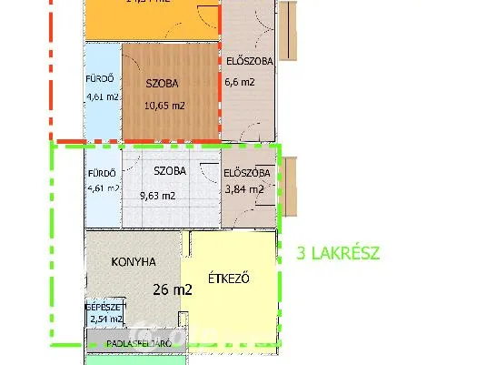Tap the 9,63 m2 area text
(x=157, y=195)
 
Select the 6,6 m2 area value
(x=238, y=82)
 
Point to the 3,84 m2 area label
(x=243, y=190)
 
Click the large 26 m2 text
(x=173, y=290)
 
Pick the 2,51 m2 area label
(x=104, y=319)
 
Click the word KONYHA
(x=134, y=262)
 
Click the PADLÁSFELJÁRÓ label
(x=138, y=344)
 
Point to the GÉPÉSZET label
(x=103, y=308)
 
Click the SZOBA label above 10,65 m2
(x=162, y=84)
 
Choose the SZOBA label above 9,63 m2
(x=170, y=171)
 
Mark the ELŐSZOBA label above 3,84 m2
(x=246, y=173)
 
